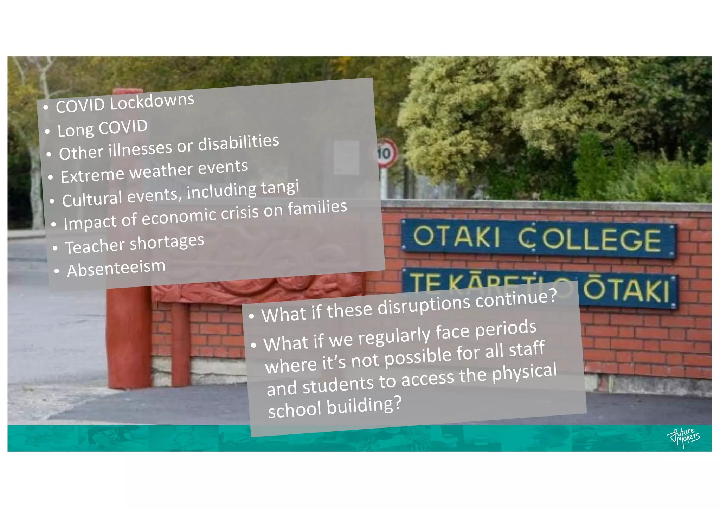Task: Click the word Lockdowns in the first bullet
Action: [x=152, y=102]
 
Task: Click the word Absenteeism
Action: [x=116, y=268]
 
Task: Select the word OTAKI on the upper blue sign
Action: [x=456, y=236]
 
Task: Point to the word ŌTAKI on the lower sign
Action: [x=626, y=290]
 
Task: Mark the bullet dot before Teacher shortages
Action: [x=55, y=248]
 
